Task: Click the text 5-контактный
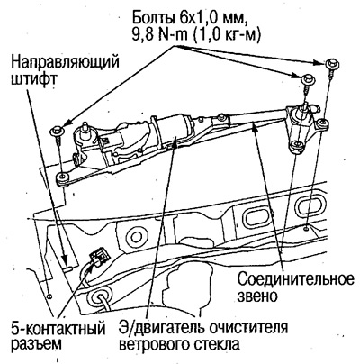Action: pos(49,326)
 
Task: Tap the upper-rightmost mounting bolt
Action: pos(332,66)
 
